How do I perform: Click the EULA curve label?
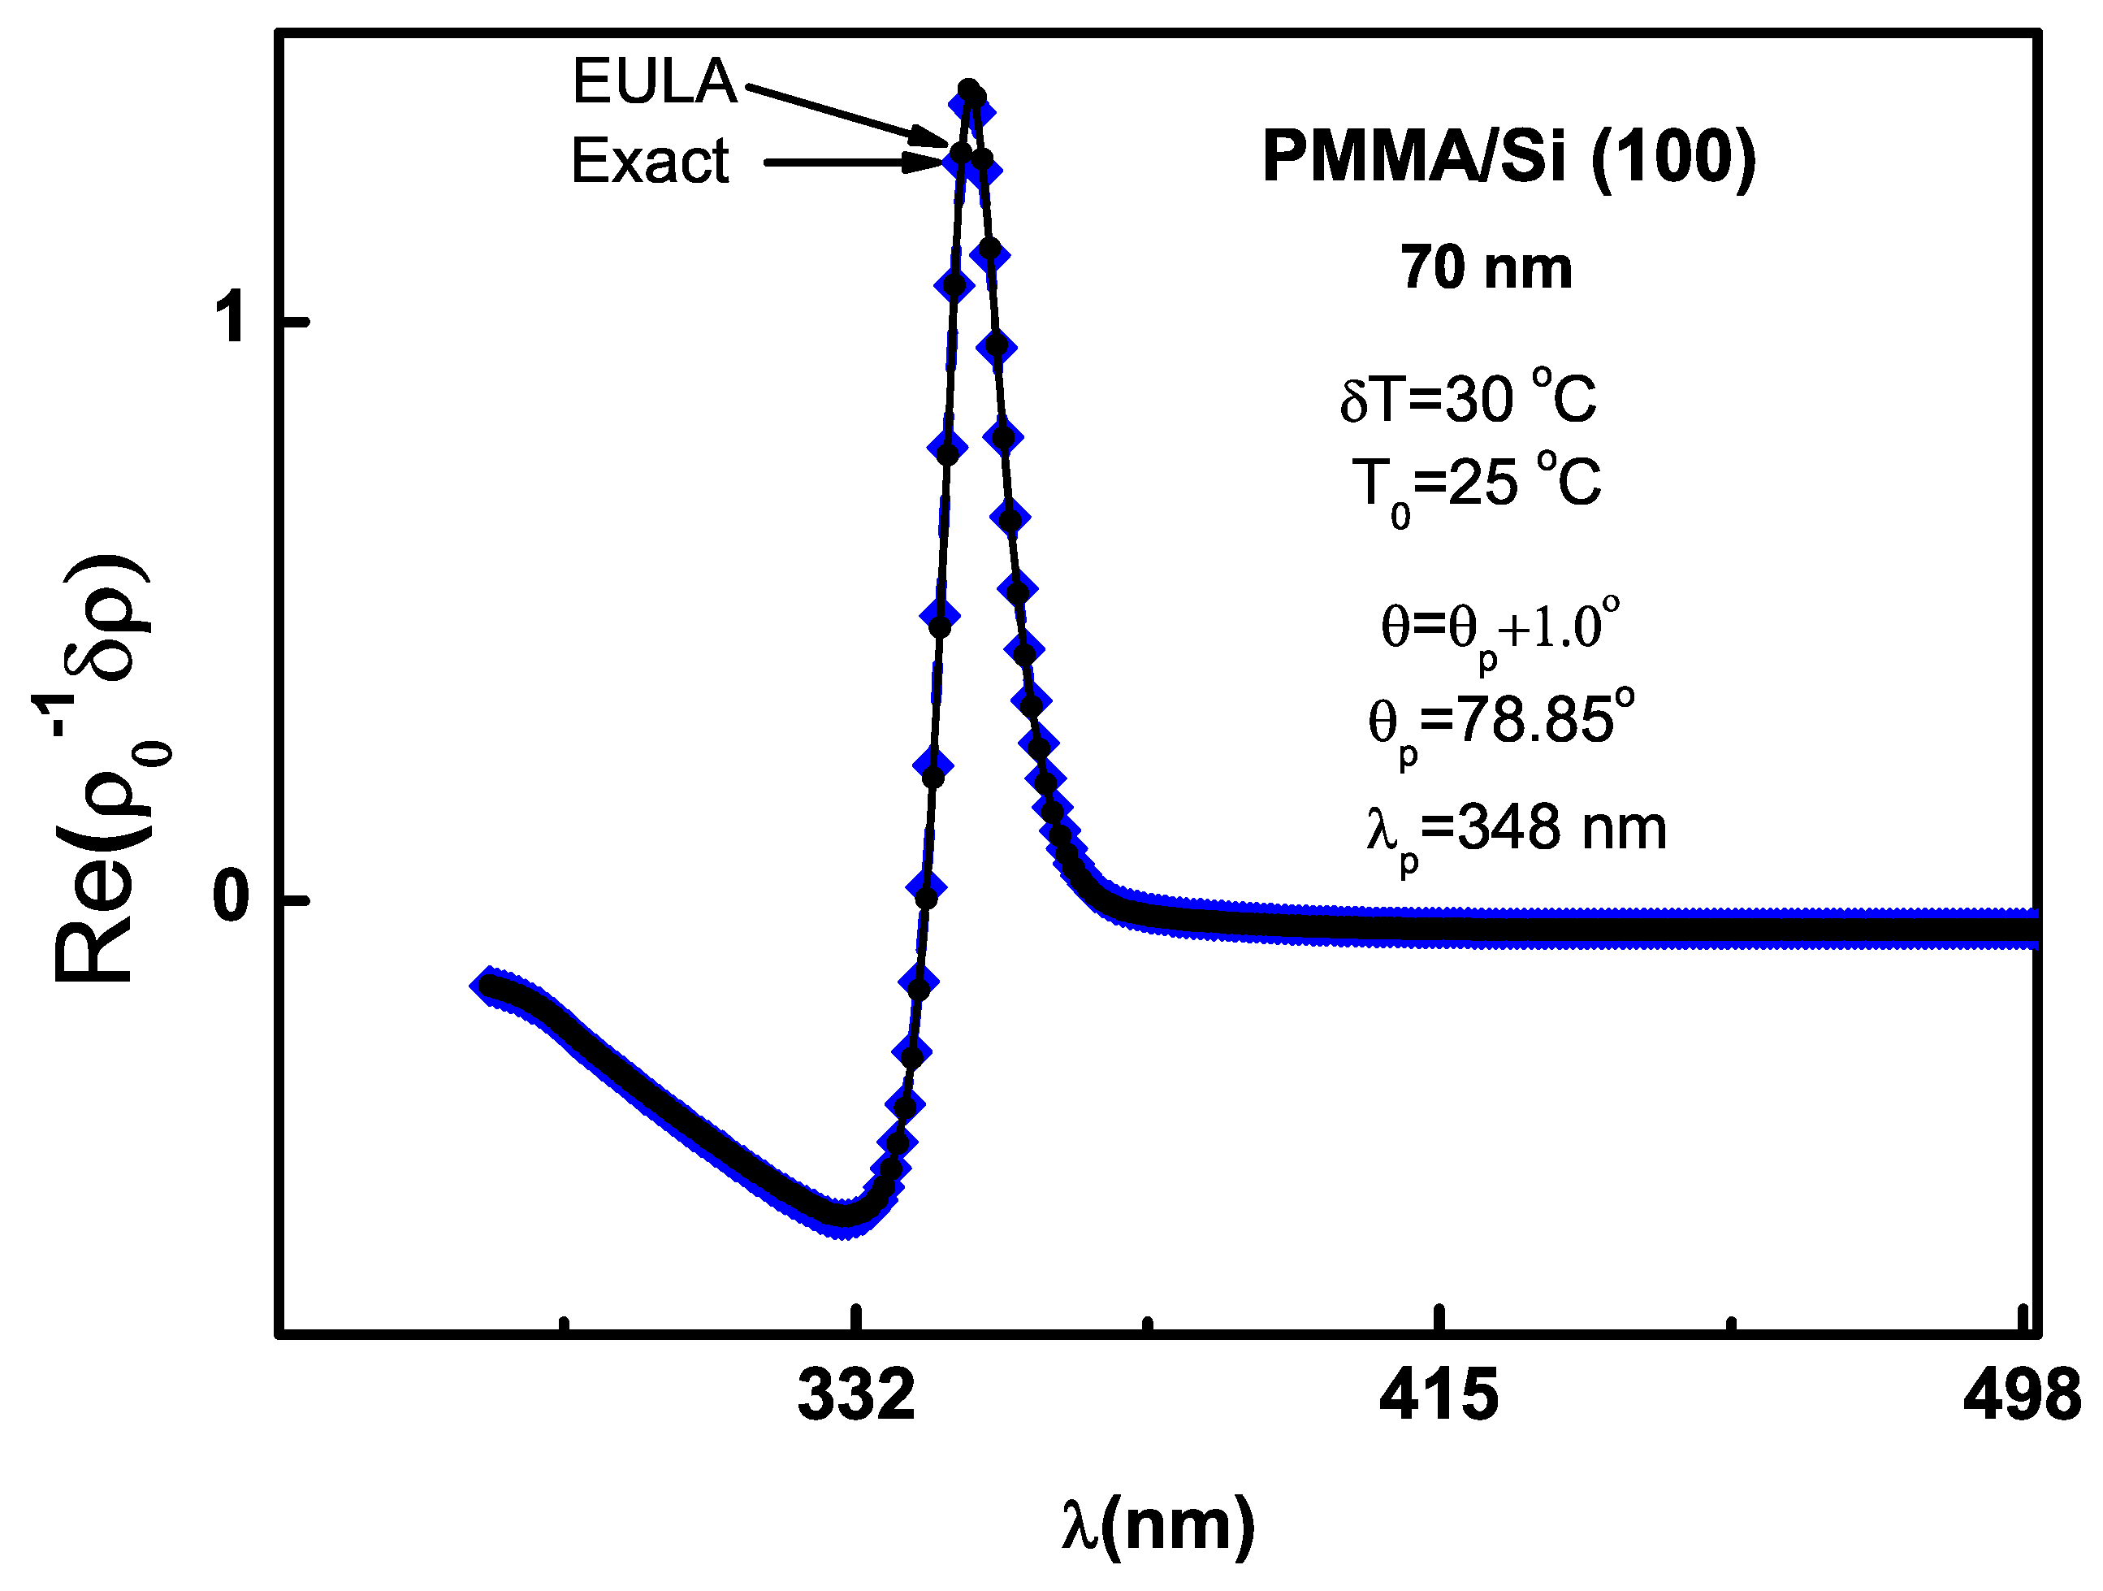pos(654,82)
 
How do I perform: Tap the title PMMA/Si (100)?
pos(1508,156)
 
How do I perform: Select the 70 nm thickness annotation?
pos(1486,268)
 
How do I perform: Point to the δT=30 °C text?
pos(1468,397)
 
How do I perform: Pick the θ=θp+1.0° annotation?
pos(1499,627)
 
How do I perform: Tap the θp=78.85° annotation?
pos(1500,722)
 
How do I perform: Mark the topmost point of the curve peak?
pos(969,89)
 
